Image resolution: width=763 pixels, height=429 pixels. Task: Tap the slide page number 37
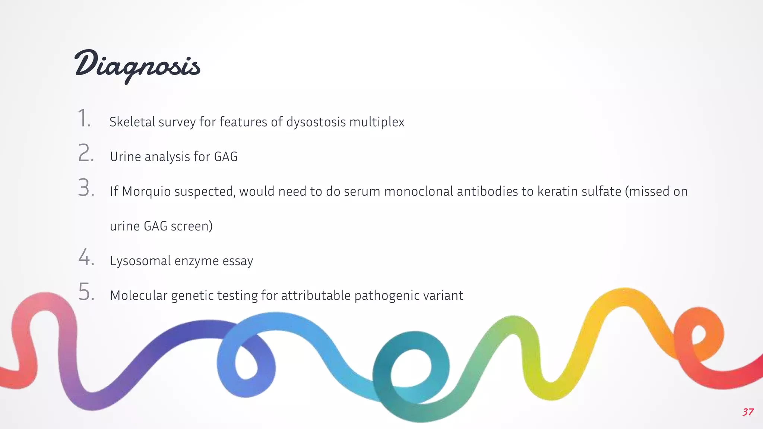pyautogui.click(x=748, y=412)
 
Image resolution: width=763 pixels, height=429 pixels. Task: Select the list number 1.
pyautogui.click(x=84, y=118)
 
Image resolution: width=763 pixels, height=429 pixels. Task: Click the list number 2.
pyautogui.click(x=86, y=153)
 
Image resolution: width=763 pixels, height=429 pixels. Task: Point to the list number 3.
pyautogui.click(x=86, y=188)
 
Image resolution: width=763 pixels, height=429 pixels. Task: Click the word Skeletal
pyautogui.click(x=132, y=122)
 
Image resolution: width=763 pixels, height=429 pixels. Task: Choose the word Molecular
pyautogui.click(x=139, y=295)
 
